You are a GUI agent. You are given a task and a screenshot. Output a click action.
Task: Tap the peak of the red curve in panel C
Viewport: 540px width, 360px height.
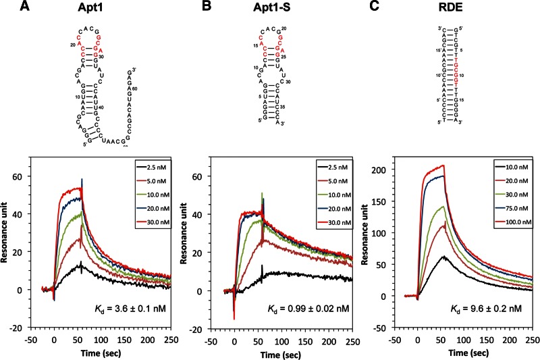pyautogui.click(x=442, y=165)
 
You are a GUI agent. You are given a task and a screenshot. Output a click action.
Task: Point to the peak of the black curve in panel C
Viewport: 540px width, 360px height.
pyautogui.click(x=442, y=257)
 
